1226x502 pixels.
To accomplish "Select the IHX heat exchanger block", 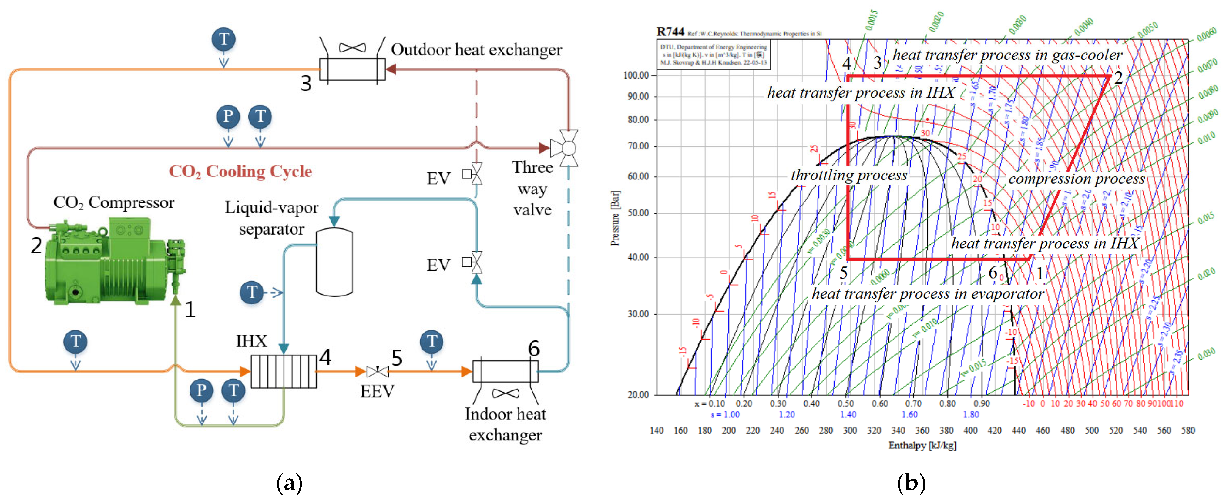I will pos(284,371).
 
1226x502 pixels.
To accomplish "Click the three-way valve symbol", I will pos(564,148).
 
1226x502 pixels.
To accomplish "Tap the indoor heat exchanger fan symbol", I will pos(506,393).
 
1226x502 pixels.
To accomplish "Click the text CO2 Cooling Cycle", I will pos(240,171).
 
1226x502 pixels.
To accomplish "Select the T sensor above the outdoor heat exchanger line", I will pos(224,39).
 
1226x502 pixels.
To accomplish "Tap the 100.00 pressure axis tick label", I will pos(636,75).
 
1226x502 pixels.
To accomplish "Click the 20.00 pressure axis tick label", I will pos(638,394).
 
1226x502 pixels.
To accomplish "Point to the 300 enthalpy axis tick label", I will pos(850,430).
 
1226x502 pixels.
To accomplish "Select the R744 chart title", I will pos(670,32).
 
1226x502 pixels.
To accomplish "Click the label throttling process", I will pos(848,175).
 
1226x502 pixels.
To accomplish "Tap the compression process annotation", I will pos(1076,179).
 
